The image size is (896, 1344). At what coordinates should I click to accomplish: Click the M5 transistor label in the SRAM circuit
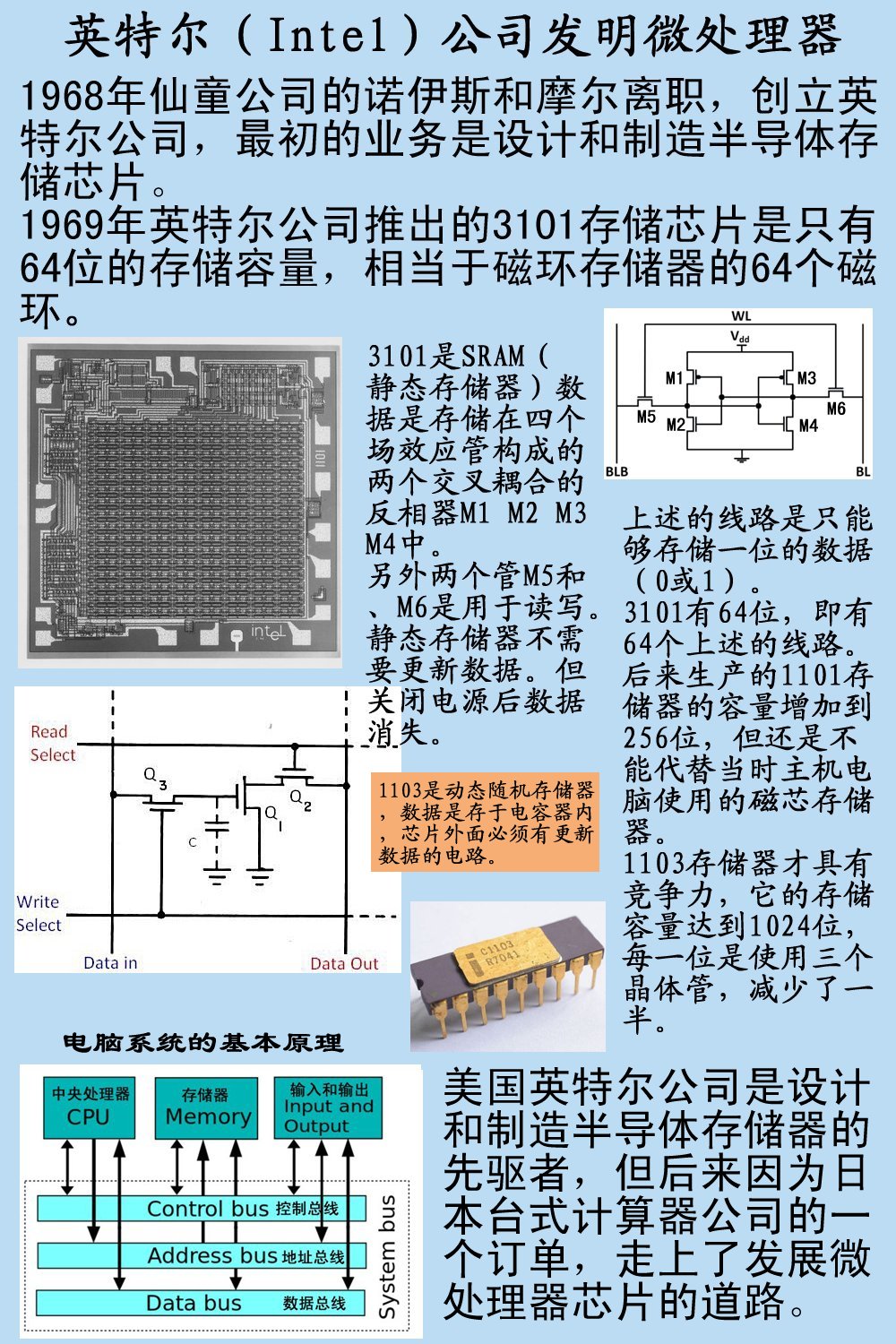coord(646,416)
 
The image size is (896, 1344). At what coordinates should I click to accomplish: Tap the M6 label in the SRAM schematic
coord(835,409)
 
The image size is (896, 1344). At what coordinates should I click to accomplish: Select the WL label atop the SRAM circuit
coord(741,316)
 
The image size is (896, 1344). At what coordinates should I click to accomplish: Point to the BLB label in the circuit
coord(616,471)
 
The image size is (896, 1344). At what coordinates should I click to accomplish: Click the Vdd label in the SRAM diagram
coord(740,337)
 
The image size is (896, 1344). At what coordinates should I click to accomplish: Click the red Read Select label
coord(51,744)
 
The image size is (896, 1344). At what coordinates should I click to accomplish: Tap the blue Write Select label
coord(39,913)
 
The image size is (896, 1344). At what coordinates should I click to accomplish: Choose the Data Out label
coord(344,963)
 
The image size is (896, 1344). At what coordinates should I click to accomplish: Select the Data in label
coord(110,963)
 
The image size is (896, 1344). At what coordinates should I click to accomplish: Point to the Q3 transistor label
coord(155,778)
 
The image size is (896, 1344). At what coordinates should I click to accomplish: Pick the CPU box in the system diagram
coord(90,1107)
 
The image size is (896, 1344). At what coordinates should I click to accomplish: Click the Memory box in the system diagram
coord(207,1107)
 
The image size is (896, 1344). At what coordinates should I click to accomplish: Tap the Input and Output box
coord(328,1107)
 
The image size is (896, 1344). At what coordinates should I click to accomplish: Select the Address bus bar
coord(202,1255)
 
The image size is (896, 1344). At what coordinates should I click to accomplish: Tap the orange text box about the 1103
coord(485,823)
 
